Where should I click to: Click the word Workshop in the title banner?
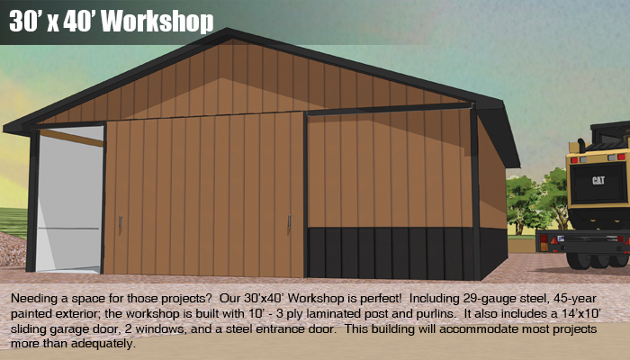(157, 22)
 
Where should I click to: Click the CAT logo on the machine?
(598, 180)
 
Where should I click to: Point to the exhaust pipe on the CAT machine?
(581, 146)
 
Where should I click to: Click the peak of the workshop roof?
(227, 30)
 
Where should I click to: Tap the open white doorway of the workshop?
(69, 199)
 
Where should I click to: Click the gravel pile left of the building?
(12, 249)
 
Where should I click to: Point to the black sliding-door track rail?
(389, 109)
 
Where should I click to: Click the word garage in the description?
(70, 329)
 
